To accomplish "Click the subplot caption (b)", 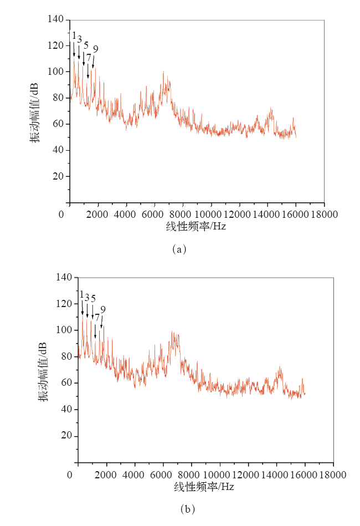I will (187, 508).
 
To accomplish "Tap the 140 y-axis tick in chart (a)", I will (56, 19).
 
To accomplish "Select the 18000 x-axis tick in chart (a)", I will (323, 215).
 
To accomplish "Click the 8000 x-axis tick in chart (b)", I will (191, 474).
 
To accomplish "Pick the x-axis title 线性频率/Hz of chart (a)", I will (196, 226).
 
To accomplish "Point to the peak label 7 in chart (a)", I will (89, 57).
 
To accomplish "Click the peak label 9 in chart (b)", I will (102, 309).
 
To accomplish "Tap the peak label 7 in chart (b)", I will (97, 318).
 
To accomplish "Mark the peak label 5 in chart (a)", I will (86, 45).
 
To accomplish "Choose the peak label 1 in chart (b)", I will (81, 295).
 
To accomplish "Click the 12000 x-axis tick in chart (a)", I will (239, 215).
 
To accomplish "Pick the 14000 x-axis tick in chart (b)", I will (276, 474).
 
